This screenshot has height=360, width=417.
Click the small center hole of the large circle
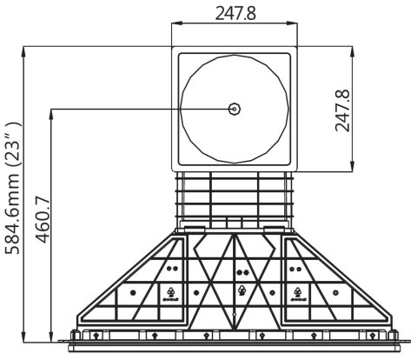234,109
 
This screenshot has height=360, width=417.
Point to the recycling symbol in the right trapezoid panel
297,294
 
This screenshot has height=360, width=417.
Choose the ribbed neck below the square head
234,197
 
